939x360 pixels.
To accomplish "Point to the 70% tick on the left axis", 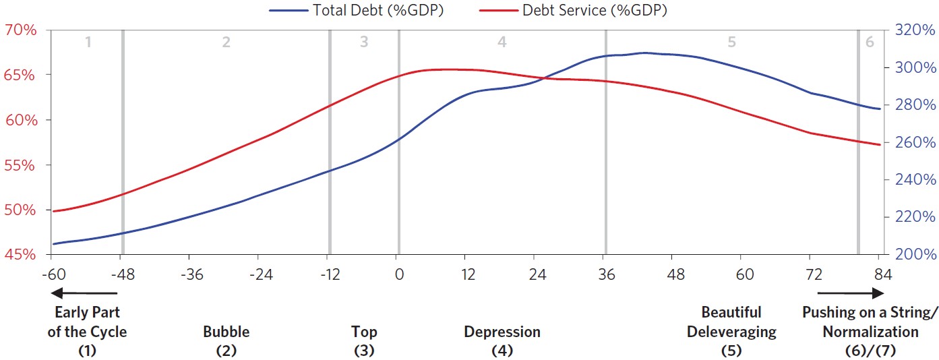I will pyautogui.click(x=20, y=30).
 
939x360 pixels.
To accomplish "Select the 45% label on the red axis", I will pyautogui.click(x=20, y=255).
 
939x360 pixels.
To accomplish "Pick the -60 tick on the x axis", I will pyautogui.click(x=51, y=274).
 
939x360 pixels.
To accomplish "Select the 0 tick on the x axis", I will pyautogui.click(x=398, y=274).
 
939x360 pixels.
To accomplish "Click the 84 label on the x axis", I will pyautogui.click(x=878, y=274).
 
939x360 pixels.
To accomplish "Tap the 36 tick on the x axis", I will pyautogui.click(x=606, y=274).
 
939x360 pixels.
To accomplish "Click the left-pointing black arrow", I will pyautogui.click(x=84, y=293).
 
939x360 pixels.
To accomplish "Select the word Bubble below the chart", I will pyautogui.click(x=226, y=332).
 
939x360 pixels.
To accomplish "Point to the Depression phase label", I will pyautogui.click(x=502, y=332).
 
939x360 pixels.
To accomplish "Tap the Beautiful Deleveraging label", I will pyautogui.click(x=731, y=322).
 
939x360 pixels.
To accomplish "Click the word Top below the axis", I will pyautogui.click(x=364, y=332).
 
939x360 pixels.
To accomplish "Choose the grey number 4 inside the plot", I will pyautogui.click(x=502, y=42).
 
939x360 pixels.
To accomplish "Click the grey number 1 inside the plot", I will pyautogui.click(x=88, y=42).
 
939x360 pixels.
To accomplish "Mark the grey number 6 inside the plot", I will pyautogui.click(x=870, y=42).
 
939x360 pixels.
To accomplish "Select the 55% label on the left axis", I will pyautogui.click(x=20, y=165).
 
